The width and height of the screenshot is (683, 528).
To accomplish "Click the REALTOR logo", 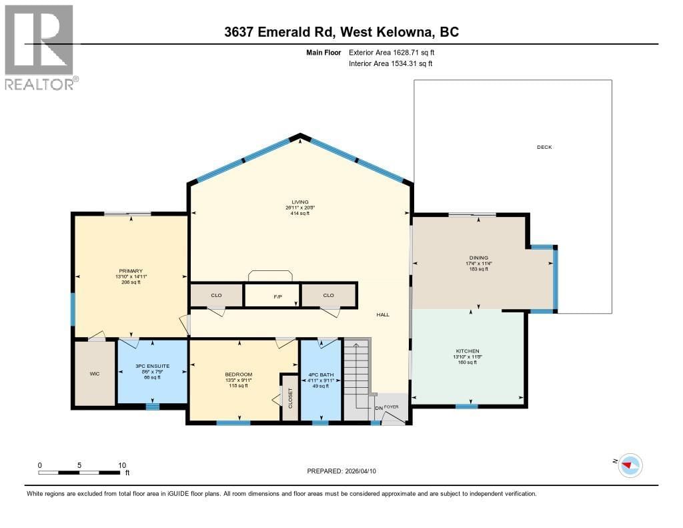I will tap(39, 47).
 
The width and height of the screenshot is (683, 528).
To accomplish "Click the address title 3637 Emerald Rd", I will tap(341, 32).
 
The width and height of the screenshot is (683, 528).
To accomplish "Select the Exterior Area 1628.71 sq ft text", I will tap(392, 52).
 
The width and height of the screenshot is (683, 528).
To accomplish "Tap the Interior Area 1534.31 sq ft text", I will tap(390, 63).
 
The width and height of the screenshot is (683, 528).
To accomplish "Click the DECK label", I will tap(544, 148).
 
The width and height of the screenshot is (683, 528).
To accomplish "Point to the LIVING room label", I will tap(299, 202).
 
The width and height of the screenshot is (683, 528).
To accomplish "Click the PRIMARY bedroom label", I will tap(131, 271).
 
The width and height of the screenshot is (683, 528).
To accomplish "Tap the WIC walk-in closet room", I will tap(95, 374).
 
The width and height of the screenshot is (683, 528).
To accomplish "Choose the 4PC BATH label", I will tap(320, 374).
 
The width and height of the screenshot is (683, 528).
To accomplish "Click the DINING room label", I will tap(478, 258).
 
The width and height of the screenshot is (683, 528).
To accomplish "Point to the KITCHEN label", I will tap(468, 351).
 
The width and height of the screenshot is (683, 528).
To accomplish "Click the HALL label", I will tap(382, 315).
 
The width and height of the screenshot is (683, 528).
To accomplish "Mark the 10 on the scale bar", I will tap(122, 465).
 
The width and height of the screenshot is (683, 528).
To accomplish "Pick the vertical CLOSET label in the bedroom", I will tap(289, 399).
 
